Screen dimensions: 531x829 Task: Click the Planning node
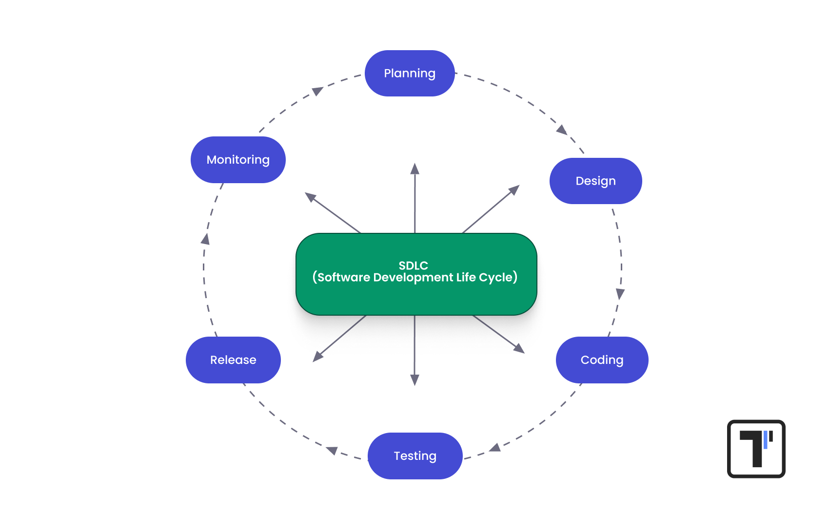[410, 73]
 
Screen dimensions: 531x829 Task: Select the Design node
[595, 181]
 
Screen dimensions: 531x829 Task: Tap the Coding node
[602, 360]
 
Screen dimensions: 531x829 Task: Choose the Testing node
[415, 455]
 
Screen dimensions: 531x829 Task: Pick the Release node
[233, 360]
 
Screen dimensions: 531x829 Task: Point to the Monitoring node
[238, 160]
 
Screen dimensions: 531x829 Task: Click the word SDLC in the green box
[414, 265]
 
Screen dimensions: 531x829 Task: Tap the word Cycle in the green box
[495, 278]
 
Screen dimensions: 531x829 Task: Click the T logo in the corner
[756, 449]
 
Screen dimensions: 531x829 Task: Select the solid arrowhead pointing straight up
[415, 170]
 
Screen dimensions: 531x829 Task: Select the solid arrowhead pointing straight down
[414, 379]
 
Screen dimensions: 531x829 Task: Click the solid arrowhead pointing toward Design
[514, 190]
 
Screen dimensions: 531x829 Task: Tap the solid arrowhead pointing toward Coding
[519, 348]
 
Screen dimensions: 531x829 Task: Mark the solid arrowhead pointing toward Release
[318, 357]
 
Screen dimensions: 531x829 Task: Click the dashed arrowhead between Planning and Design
[562, 130]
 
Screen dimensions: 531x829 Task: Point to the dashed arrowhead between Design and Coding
[620, 294]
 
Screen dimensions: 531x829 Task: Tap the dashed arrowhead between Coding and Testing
[495, 447]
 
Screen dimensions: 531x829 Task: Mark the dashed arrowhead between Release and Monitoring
[206, 239]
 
